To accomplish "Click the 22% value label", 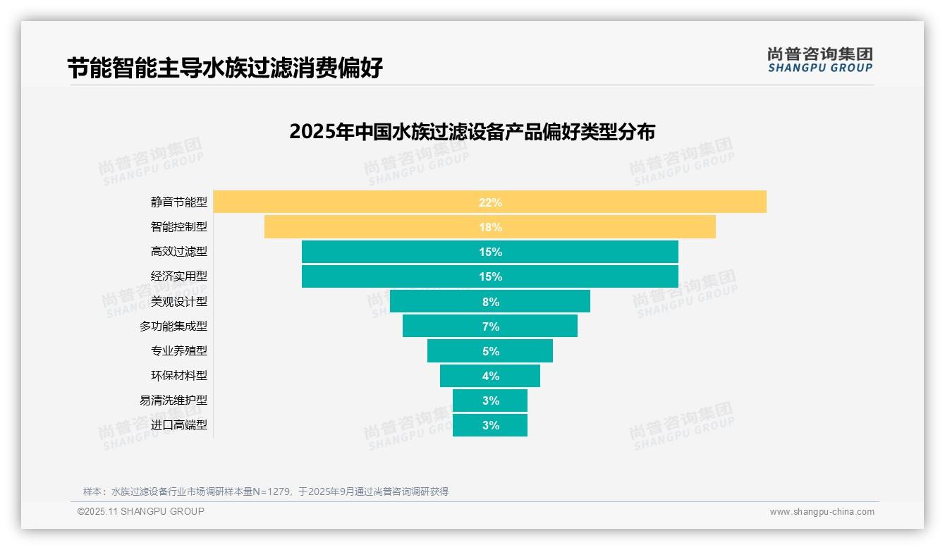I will (x=490, y=202).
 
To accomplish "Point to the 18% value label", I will (x=490, y=227).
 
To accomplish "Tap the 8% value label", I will (x=490, y=302).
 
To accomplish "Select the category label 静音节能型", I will (x=179, y=202).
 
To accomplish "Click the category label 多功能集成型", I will (x=173, y=326).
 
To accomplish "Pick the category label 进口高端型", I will (x=179, y=425).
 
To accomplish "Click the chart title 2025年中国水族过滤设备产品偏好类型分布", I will (x=472, y=132).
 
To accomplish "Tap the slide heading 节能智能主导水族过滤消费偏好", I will (x=225, y=68).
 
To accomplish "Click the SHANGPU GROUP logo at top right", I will (x=820, y=60).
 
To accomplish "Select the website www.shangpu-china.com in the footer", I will (x=822, y=512).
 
